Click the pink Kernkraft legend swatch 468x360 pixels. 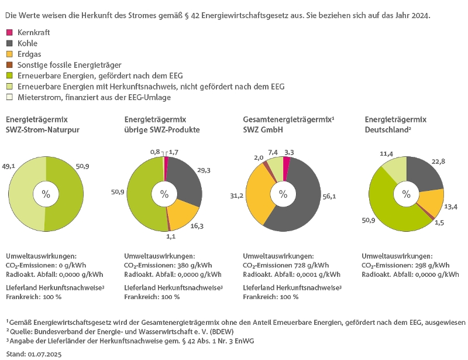(x=9, y=33)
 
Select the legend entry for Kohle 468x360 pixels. (x=27, y=43)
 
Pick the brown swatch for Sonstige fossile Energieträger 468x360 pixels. (x=9, y=65)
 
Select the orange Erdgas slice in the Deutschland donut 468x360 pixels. (x=433, y=203)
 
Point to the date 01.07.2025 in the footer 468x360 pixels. (x=44, y=354)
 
